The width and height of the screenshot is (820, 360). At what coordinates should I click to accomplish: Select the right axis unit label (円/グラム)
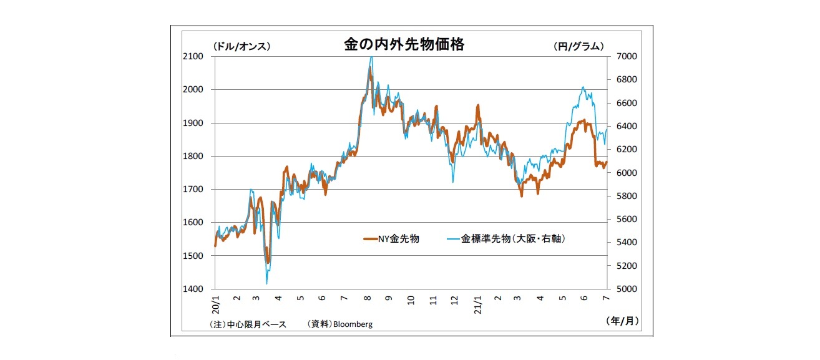pos(578,46)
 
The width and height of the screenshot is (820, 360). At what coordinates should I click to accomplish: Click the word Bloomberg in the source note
pos(353,324)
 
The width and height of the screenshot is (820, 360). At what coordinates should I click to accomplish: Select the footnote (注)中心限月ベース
pos(248,324)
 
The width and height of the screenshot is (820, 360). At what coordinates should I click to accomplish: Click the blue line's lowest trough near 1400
pos(266,284)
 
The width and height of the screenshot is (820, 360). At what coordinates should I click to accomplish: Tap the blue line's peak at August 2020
pos(371,57)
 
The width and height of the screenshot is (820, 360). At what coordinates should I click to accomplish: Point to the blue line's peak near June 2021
pos(583,87)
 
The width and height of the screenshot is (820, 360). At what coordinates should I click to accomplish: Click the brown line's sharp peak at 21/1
pos(478,105)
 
